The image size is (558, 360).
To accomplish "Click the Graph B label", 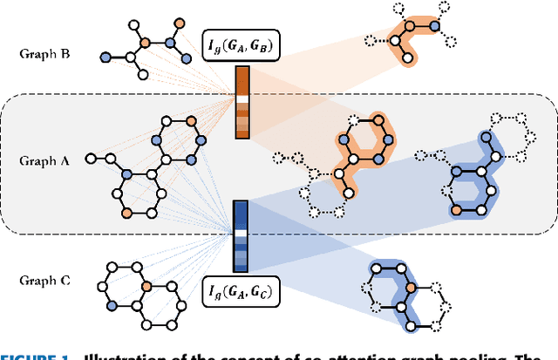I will pyautogui.click(x=42, y=52).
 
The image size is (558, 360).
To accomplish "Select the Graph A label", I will pyautogui.click(x=42, y=160).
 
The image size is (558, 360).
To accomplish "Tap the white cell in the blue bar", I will pyautogui.click(x=241, y=234).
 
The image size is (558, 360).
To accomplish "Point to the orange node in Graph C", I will pyautogui.click(x=146, y=285).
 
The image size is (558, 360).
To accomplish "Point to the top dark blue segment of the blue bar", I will pyautogui.click(x=241, y=210).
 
